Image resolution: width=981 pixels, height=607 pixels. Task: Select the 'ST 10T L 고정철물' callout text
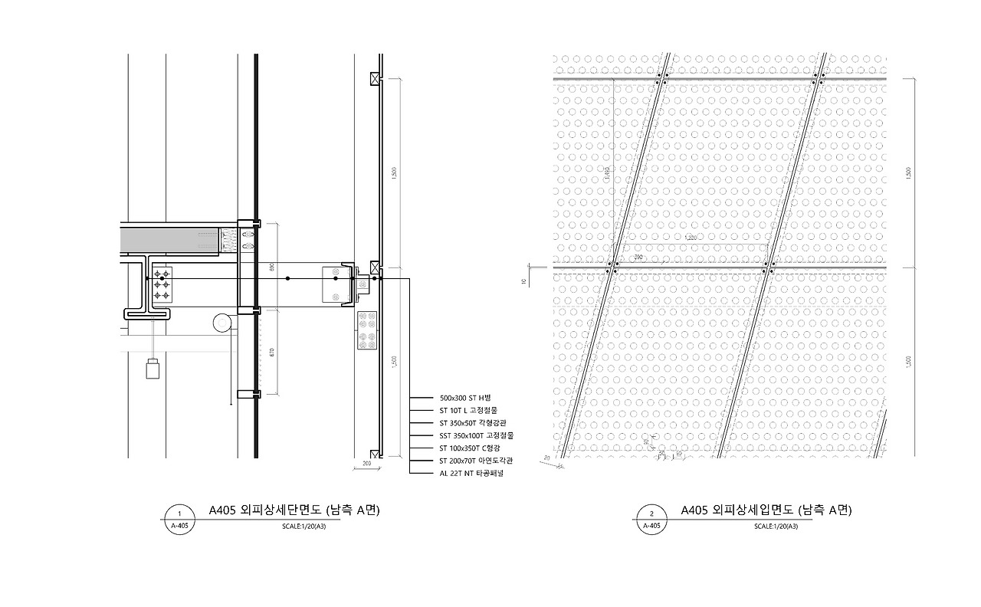[x=468, y=411]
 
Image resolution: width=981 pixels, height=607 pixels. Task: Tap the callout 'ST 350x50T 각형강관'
[x=472, y=423]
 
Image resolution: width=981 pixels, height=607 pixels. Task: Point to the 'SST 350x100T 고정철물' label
[x=476, y=435]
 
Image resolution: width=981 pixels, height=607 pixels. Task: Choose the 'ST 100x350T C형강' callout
[x=469, y=448]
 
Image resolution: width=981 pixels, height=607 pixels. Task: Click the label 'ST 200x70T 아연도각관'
[x=476, y=461]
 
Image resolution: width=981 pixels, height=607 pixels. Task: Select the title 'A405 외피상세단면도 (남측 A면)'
[x=294, y=510]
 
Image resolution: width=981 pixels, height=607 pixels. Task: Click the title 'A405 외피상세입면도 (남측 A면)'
[x=766, y=510]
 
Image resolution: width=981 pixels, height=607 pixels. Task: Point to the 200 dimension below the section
[x=366, y=464]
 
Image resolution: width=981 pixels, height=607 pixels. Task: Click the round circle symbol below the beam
[x=222, y=323]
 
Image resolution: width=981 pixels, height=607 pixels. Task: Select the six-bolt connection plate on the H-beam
[x=162, y=284]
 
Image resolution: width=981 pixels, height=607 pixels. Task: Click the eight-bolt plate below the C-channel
[x=367, y=330]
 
